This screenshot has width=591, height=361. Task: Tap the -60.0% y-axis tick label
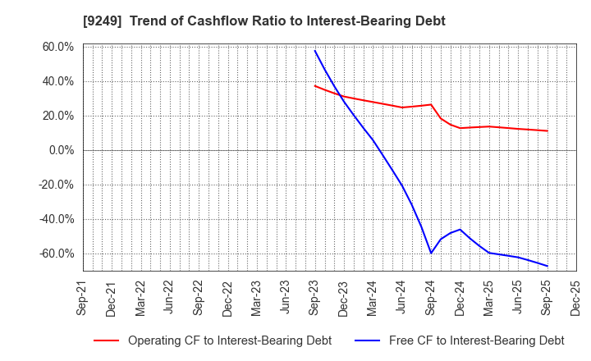coord(56,254)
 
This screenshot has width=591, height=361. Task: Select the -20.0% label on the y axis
coord(56,185)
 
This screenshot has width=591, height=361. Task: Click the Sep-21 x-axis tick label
coord(84,297)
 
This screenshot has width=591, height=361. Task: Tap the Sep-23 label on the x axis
coord(315,297)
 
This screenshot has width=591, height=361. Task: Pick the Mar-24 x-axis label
coord(373,297)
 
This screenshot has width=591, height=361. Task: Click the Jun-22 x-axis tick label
coord(170,297)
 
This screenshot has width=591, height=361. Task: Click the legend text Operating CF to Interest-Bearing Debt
coord(229,340)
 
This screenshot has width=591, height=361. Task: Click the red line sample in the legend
coord(106,340)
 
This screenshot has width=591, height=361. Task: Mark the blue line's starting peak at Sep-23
coord(315,51)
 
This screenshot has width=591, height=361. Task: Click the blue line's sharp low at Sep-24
coord(431,253)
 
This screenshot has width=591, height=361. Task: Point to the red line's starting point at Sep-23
coord(315,85)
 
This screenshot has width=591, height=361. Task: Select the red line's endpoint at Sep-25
coord(547,130)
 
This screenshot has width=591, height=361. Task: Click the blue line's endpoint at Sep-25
coord(547,266)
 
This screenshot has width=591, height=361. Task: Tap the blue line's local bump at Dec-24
coord(460,230)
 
